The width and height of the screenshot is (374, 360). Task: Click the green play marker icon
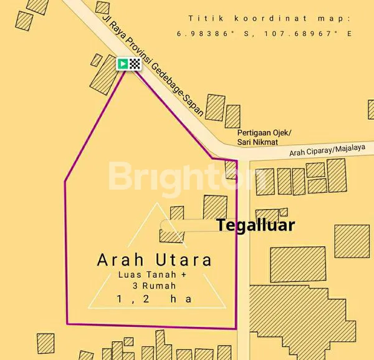click(123, 63)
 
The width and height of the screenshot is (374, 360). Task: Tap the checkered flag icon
click(135, 63)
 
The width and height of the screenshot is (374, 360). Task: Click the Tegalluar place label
click(255, 225)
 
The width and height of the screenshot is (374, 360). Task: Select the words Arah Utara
click(155, 260)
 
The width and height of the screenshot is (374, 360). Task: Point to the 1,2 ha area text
click(154, 299)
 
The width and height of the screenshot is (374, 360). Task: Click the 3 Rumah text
click(155, 286)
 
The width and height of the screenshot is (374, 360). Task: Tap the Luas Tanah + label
click(154, 275)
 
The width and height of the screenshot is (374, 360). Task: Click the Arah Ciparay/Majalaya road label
click(328, 150)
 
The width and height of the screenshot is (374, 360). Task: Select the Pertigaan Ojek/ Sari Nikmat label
click(264, 138)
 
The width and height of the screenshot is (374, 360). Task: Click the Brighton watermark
click(187, 177)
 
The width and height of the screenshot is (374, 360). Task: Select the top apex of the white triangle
click(155, 203)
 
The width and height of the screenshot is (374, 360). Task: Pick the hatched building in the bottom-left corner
click(46, 343)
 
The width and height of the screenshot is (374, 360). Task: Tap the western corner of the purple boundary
click(65, 182)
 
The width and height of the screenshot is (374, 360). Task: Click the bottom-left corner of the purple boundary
click(67, 324)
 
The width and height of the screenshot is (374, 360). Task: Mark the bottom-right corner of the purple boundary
click(236, 328)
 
